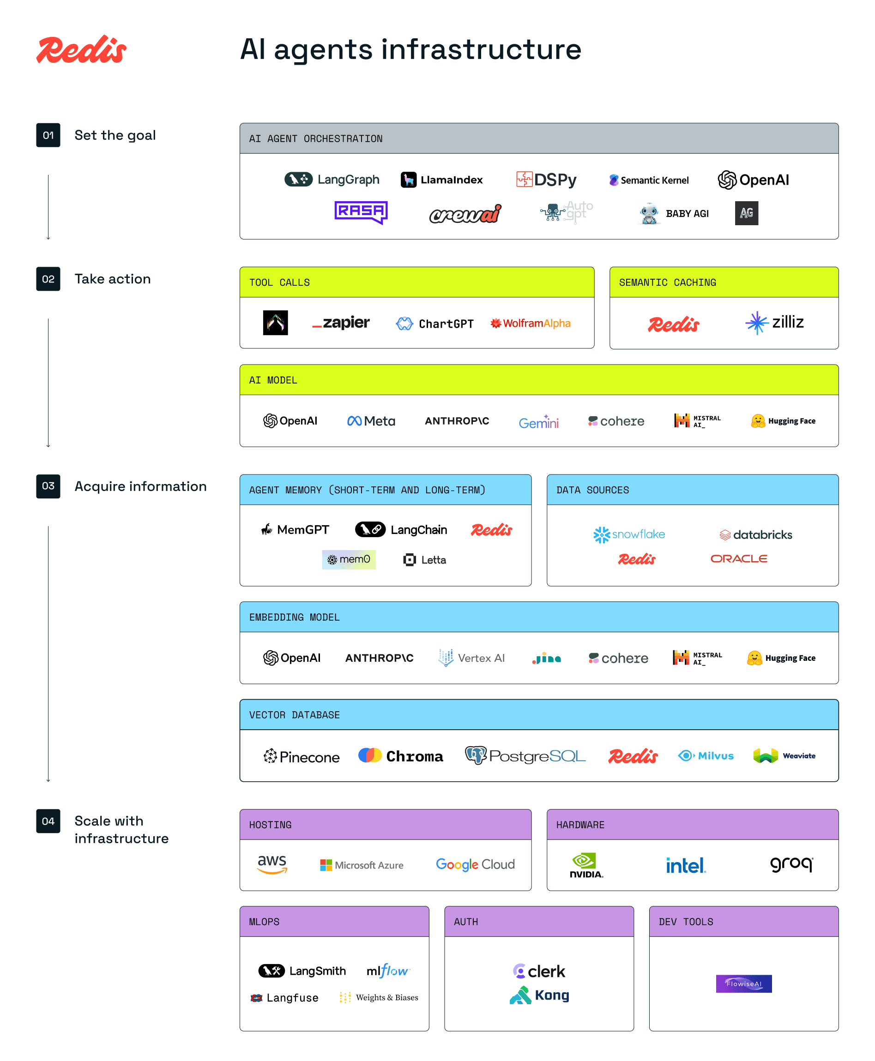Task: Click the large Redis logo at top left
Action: pos(81,50)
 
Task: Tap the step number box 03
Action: pos(48,486)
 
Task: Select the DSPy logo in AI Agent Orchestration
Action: pos(546,180)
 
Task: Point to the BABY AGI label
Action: pos(687,214)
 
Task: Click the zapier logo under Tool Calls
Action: pos(341,323)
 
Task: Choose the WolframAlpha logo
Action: pos(530,323)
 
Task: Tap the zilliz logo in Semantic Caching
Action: pos(774,323)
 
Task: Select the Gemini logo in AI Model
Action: pos(538,421)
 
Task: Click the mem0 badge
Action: pos(348,559)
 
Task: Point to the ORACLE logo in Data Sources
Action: pos(738,558)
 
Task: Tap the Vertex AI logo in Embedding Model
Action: pos(471,658)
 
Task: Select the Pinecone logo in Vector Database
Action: pos(302,756)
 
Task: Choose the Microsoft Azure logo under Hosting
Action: pos(362,865)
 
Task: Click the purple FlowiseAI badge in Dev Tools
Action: pos(743,983)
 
